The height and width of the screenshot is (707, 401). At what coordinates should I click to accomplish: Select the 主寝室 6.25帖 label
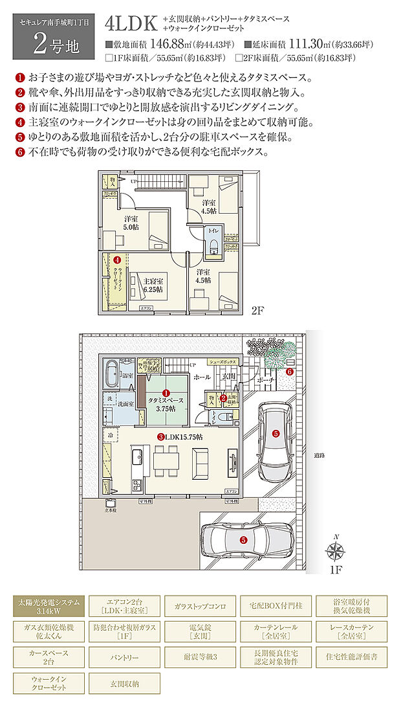tap(153, 285)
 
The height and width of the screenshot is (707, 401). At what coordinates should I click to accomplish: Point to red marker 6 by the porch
tap(290, 372)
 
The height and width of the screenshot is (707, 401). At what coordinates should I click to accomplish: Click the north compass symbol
tap(335, 552)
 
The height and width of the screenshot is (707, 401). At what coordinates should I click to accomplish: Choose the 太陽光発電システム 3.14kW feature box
tap(49, 606)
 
